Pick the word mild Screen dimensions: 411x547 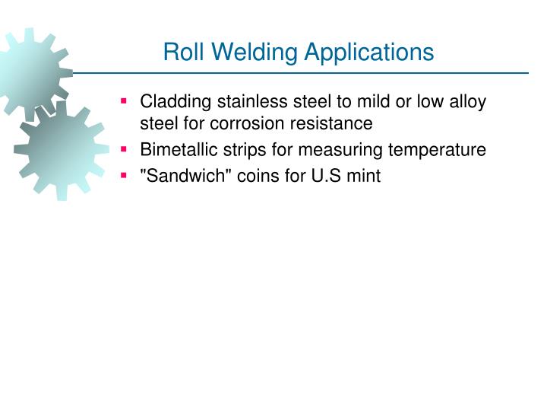(x=360, y=102)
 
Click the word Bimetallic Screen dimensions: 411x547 (x=174, y=150)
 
